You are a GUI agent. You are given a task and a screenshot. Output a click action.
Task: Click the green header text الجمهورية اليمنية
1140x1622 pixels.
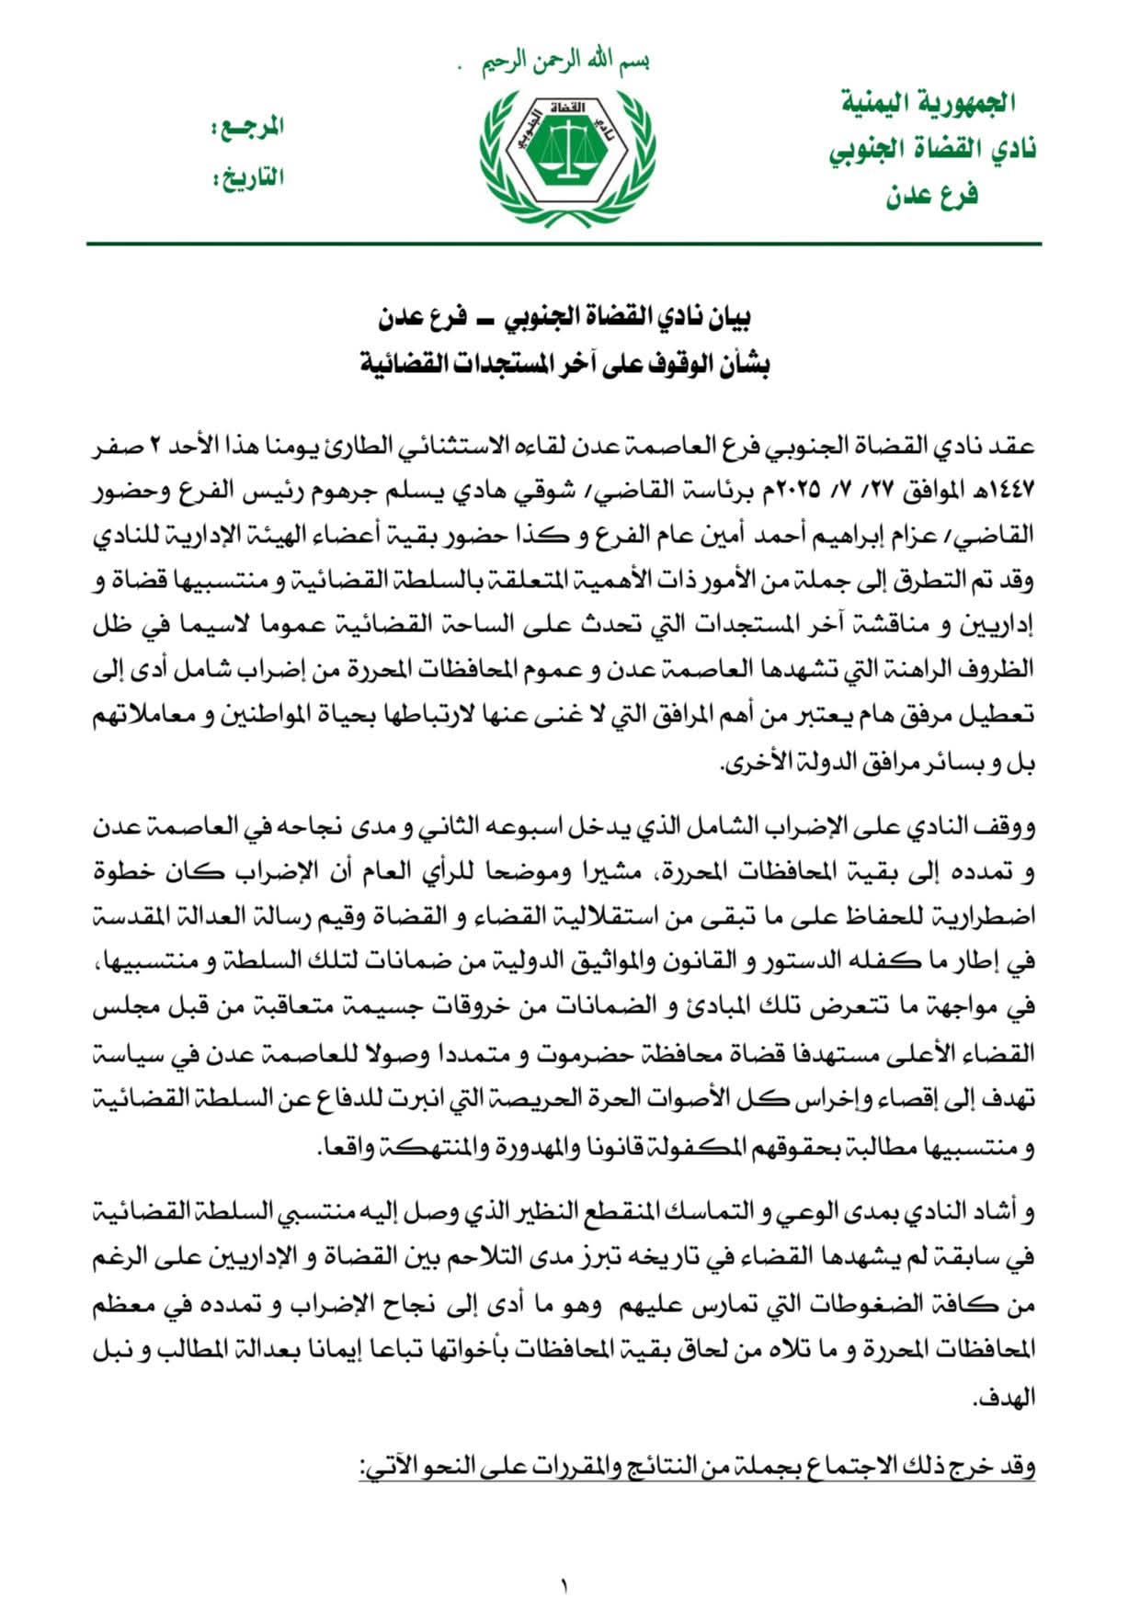click(x=928, y=102)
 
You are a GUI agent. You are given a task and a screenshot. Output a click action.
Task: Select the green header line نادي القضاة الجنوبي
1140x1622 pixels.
click(x=931, y=149)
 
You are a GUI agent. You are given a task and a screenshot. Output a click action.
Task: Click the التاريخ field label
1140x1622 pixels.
click(x=250, y=176)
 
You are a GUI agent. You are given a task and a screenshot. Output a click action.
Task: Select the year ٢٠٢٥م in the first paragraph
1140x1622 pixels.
click(x=795, y=492)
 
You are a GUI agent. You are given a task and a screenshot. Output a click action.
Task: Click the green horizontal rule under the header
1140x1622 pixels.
click(x=564, y=244)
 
